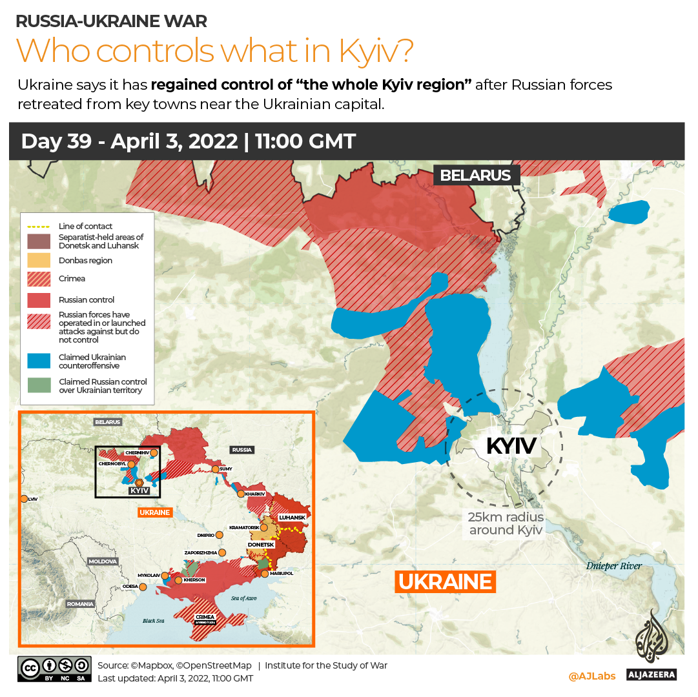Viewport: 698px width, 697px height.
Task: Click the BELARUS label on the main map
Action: pyautogui.click(x=475, y=175)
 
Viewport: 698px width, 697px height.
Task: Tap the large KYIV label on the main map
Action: pyautogui.click(x=511, y=446)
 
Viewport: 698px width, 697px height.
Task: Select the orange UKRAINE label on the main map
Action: pyautogui.click(x=445, y=581)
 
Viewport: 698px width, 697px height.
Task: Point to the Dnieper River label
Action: pyautogui.click(x=613, y=566)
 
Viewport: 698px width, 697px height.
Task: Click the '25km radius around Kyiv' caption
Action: pyautogui.click(x=506, y=523)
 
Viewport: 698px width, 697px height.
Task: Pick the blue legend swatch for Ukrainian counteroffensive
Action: pyautogui.click(x=39, y=361)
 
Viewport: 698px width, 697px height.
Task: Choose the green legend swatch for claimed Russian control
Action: pyautogui.click(x=39, y=385)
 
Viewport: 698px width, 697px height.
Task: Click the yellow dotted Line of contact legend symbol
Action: pyautogui.click(x=39, y=227)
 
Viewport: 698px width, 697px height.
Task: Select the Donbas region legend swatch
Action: pyautogui.click(x=39, y=261)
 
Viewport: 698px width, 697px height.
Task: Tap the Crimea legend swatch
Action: pyautogui.click(x=39, y=279)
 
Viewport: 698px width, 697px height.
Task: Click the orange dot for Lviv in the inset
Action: pyautogui.click(x=24, y=499)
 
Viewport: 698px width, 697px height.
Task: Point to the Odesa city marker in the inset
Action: pyautogui.click(x=143, y=587)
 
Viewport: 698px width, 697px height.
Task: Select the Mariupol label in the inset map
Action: pyautogui.click(x=282, y=573)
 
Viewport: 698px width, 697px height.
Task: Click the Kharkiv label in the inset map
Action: pyautogui.click(x=256, y=494)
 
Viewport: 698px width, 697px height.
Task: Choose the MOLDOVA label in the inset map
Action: pyautogui.click(x=103, y=561)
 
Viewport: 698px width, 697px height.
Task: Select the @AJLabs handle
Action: pyautogui.click(x=591, y=676)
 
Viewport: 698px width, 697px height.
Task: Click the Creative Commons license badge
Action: pyautogui.click(x=55, y=669)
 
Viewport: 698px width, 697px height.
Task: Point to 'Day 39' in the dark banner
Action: pyautogui.click(x=59, y=141)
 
